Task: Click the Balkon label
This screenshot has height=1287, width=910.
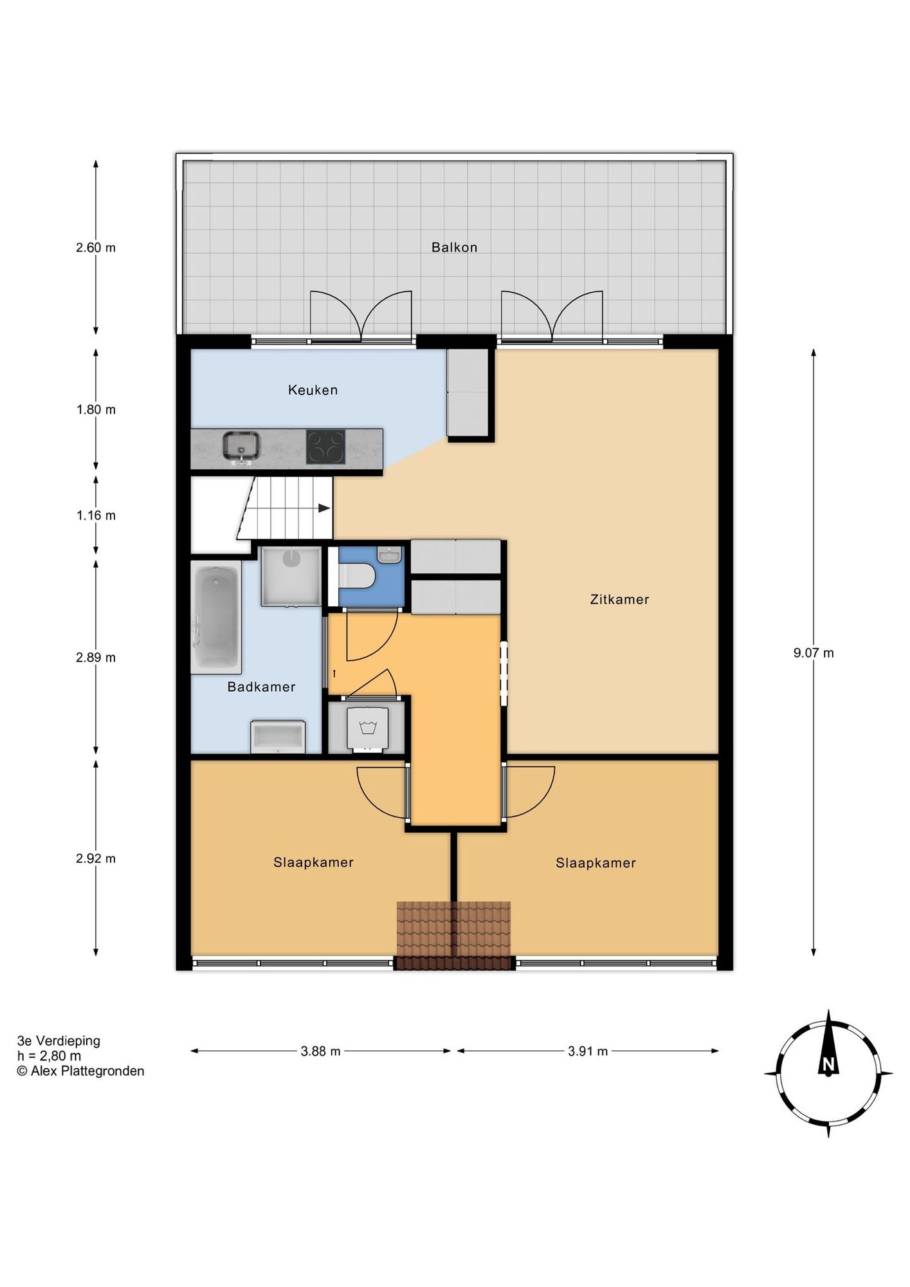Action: point(454,247)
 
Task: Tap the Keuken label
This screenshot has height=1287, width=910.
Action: point(313,390)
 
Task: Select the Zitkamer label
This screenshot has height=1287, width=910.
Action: point(619,600)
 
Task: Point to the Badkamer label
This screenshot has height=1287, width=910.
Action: point(261,687)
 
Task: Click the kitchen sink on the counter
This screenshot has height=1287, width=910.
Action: point(241,447)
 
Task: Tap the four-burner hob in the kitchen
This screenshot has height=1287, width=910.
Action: point(325,447)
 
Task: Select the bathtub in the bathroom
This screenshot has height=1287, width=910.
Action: point(216,617)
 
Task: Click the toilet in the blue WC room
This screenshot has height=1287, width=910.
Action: point(356,575)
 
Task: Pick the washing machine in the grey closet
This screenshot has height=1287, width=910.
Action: point(367,728)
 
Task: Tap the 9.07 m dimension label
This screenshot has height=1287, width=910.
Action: point(814,653)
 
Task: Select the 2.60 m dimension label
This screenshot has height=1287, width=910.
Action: point(96,248)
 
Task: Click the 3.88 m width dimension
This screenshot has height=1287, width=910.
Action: point(320,1051)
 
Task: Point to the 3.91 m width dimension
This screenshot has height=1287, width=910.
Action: point(588,1051)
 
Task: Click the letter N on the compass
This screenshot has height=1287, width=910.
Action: point(828,1065)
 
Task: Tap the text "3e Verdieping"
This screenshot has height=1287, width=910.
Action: point(59,1041)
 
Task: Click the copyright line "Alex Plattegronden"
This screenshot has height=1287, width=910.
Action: point(80,1071)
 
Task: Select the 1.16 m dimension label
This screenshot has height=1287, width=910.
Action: point(96,515)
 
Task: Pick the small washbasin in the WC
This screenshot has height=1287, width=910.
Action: point(389,555)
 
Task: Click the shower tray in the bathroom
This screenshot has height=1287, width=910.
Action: point(291,577)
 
